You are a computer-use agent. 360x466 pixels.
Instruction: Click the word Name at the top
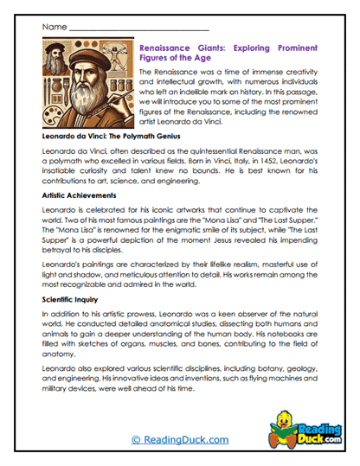pos(53,26)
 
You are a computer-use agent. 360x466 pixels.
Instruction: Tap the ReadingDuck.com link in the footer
pos(180,440)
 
